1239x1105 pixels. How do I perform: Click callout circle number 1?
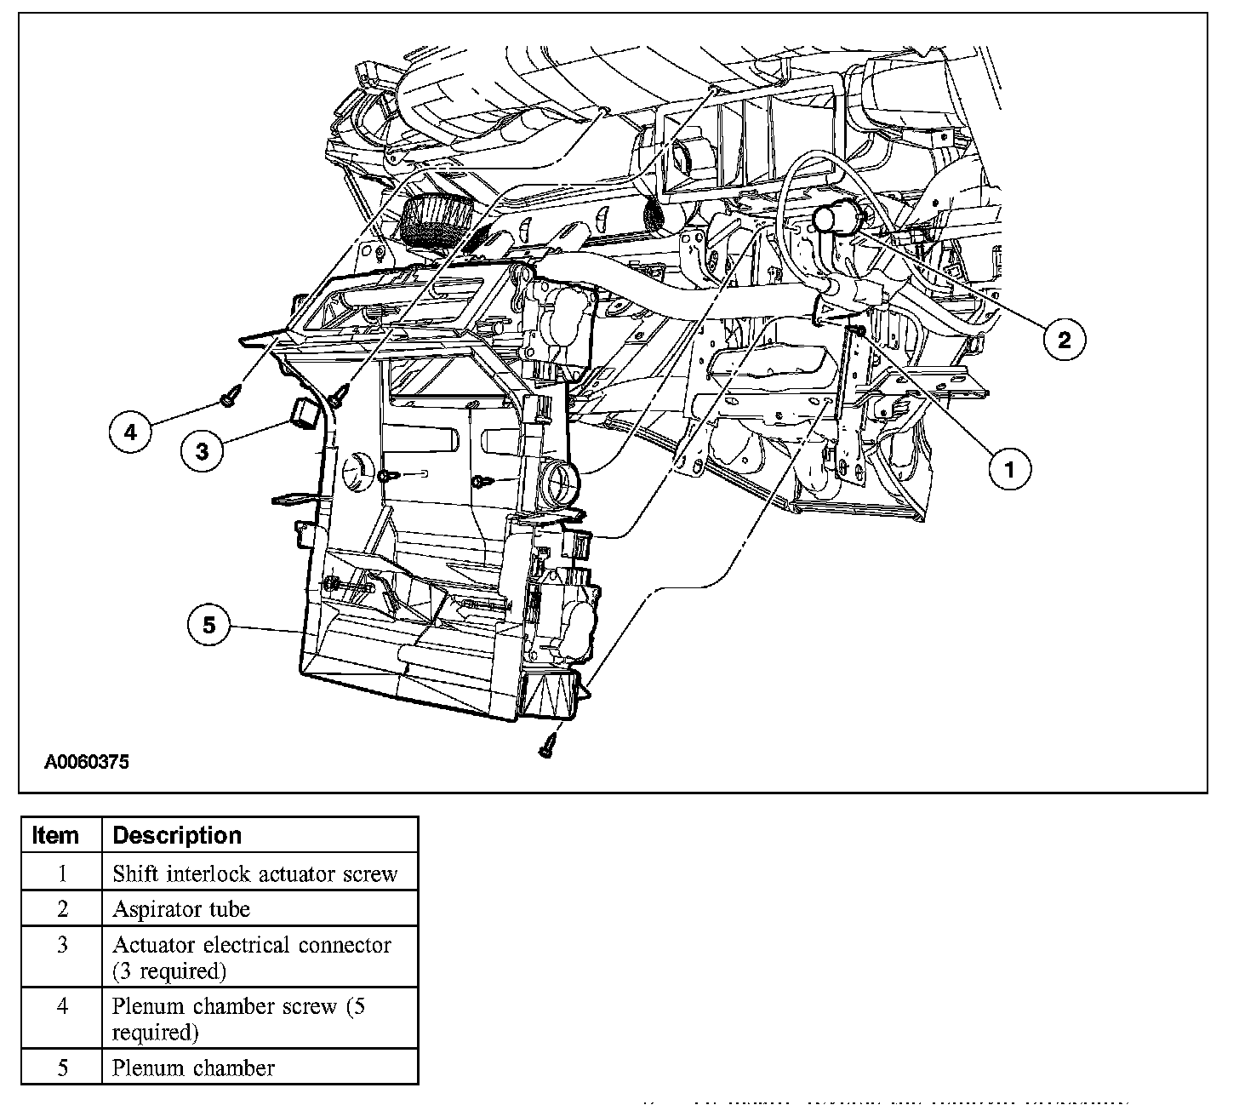(1010, 468)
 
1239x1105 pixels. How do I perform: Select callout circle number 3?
(202, 450)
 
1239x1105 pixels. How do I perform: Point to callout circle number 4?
(130, 432)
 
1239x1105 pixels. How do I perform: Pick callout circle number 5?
(208, 627)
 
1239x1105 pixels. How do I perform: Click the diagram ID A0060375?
(87, 763)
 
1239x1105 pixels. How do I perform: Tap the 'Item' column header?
(55, 835)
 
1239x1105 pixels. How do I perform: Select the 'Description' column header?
(177, 835)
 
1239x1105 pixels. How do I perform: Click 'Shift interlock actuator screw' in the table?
(254, 873)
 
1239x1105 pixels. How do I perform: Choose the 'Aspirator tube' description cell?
(181, 909)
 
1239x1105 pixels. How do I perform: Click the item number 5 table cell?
(62, 1068)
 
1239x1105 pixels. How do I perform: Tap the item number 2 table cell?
(62, 909)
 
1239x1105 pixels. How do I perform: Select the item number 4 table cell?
(62, 1006)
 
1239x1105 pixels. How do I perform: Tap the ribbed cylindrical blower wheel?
(435, 221)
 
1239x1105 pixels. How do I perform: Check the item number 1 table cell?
(62, 873)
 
